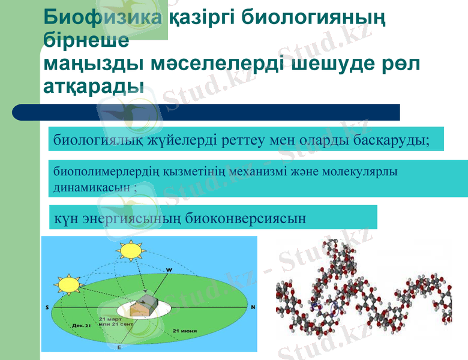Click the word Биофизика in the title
pos(103,17)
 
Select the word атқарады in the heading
pos(94,85)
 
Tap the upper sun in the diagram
pos(130,250)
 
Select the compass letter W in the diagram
pos(169,270)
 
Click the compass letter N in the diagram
pos(253,307)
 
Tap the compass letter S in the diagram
pos(47,307)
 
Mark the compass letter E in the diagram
pos(119,347)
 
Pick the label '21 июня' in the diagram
pos(185,331)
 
